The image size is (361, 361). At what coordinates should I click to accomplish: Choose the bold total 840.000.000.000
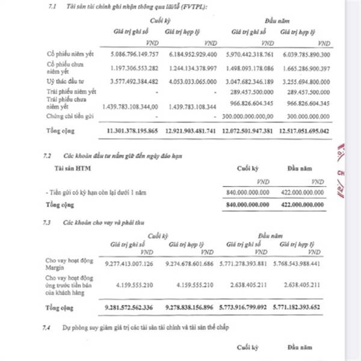245,205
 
